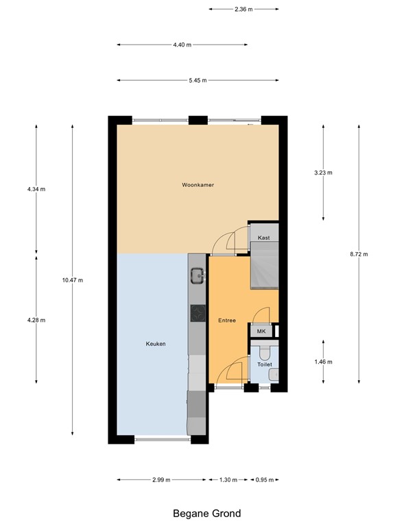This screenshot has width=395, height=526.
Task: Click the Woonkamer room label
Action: click(197, 185)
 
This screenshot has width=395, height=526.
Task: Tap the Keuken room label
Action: click(156, 344)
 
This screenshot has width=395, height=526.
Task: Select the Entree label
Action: click(227, 321)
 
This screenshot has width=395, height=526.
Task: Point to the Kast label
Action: click(263, 238)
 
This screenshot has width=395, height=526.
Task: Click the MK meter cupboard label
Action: click(261, 331)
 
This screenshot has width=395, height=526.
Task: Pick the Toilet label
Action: click(264, 364)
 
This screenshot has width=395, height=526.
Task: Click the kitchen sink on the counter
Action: click(197, 276)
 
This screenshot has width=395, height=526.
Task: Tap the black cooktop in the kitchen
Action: click(197, 313)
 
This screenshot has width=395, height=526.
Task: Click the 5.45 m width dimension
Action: click(197, 81)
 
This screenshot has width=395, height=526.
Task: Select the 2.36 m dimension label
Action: click(243, 10)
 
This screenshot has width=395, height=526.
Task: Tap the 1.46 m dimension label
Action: click(323, 362)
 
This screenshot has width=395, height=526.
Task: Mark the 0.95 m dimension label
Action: click(264, 479)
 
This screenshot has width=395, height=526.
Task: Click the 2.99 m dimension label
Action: click(162, 479)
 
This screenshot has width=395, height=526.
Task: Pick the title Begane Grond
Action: click(197, 513)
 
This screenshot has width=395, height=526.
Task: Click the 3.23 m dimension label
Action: click(323, 173)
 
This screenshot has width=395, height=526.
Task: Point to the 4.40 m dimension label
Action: click(182, 45)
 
